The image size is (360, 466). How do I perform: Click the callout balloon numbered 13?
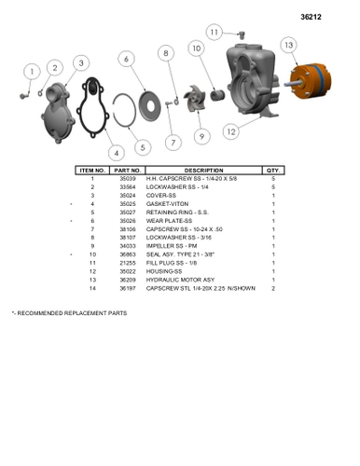[x=289, y=46]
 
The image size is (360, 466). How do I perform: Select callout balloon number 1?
[x=31, y=72]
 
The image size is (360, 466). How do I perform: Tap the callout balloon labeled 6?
[x=125, y=59]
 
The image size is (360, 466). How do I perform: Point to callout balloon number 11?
[x=214, y=33]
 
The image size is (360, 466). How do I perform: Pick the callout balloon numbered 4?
[x=116, y=152]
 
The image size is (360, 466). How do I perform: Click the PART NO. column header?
[x=127, y=171]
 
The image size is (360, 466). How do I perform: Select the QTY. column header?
[x=272, y=171]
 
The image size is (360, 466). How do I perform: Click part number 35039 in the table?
[x=127, y=179]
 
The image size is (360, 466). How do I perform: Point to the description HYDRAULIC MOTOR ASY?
[x=180, y=280]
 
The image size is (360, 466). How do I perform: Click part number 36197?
[x=127, y=288]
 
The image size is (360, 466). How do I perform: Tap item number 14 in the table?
[x=92, y=288]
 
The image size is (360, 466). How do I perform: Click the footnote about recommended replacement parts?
[x=69, y=313]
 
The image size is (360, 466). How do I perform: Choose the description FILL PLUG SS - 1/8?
[x=171, y=263]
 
